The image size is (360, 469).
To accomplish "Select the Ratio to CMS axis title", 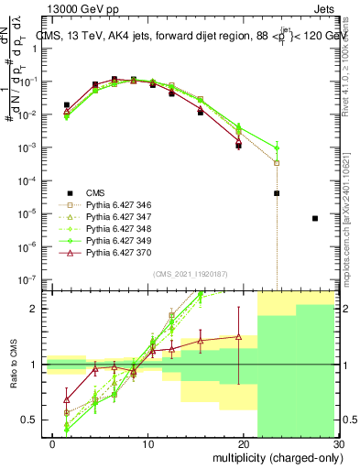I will point(12,365).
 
